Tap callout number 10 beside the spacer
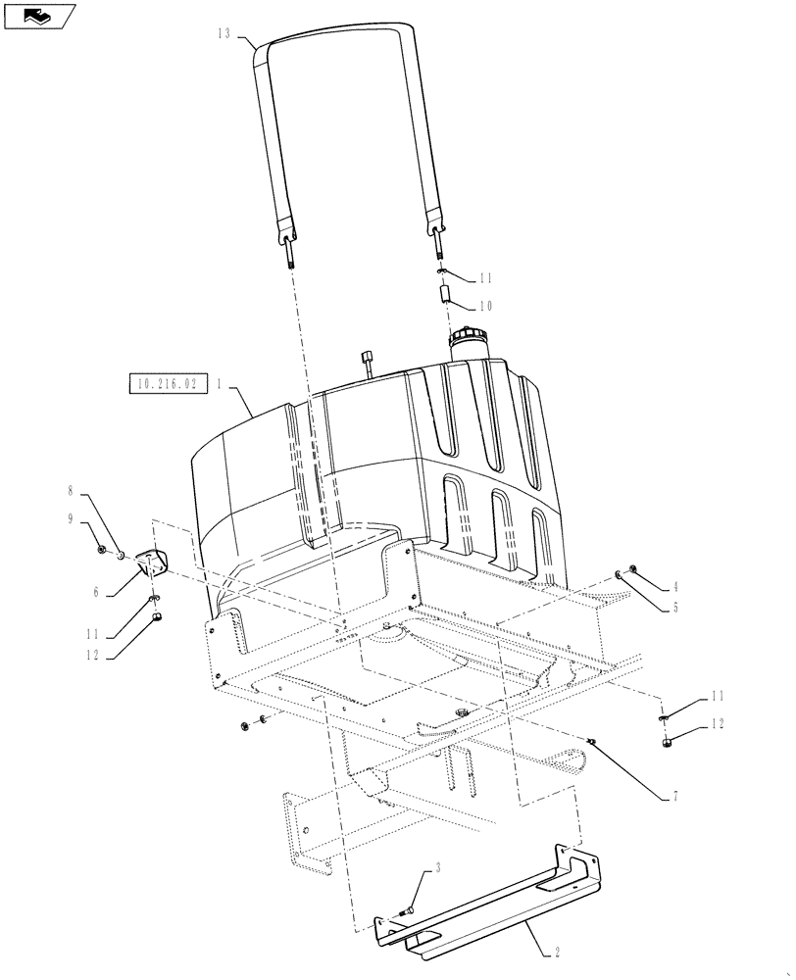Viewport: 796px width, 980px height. pyautogui.click(x=484, y=307)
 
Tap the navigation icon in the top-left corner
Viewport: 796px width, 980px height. pyautogui.click(x=38, y=14)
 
